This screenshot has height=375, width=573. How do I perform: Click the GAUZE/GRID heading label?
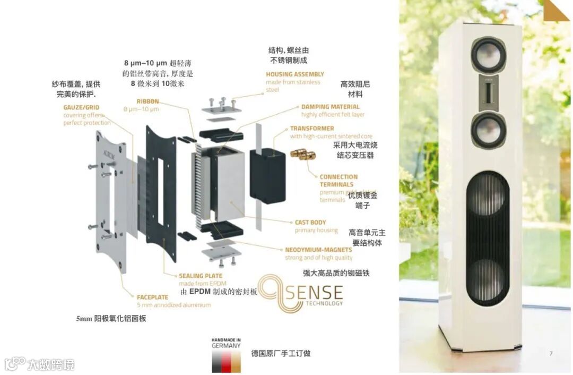[x=81, y=107]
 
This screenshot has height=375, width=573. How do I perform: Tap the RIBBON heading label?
[x=147, y=101]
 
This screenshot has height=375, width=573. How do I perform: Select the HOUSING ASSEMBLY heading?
[x=295, y=74]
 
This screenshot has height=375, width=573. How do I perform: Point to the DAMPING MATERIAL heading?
[x=330, y=107]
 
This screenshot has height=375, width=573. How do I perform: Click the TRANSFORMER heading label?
[x=312, y=129]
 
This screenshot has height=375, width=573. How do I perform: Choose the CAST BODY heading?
[x=311, y=223]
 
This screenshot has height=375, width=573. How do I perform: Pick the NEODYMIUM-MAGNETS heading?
[x=318, y=250]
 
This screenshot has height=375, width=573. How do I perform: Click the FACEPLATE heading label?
[x=152, y=297]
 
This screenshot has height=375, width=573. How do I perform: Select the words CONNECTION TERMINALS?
[x=338, y=181]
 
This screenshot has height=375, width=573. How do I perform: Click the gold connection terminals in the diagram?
[x=303, y=155]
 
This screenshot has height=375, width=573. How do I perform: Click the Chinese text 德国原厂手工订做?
[x=281, y=353]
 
